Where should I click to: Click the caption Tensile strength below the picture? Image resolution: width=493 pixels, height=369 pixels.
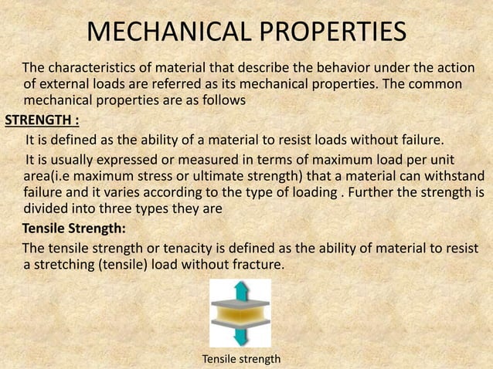[x=241, y=359]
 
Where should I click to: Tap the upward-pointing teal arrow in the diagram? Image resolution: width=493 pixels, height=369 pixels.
[x=241, y=292]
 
